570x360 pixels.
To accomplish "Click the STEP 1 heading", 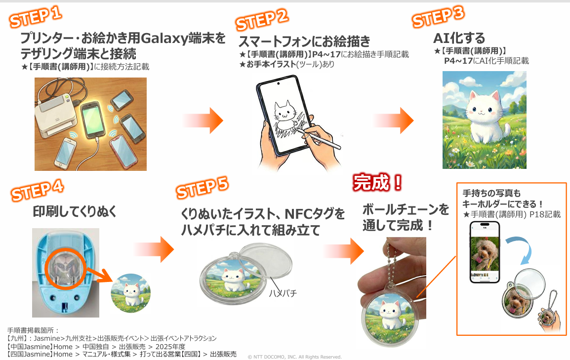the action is coord(36,17).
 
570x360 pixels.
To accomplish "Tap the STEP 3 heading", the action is coord(439,17).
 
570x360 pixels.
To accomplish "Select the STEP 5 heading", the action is coord(202,188).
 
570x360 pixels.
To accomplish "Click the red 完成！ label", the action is coord(377,182).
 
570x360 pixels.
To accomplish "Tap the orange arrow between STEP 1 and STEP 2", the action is coord(203,120).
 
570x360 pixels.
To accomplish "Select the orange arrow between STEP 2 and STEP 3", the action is coord(393,120).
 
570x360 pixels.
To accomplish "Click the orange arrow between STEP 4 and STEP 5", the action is coord(154,249).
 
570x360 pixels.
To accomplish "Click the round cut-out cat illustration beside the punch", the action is coord(130,293).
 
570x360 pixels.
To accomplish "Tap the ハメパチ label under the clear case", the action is coord(283,293).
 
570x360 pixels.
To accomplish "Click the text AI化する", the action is coord(459,38).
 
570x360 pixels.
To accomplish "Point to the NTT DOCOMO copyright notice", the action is coord(294,357).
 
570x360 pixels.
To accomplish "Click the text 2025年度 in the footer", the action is coord(170,347).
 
